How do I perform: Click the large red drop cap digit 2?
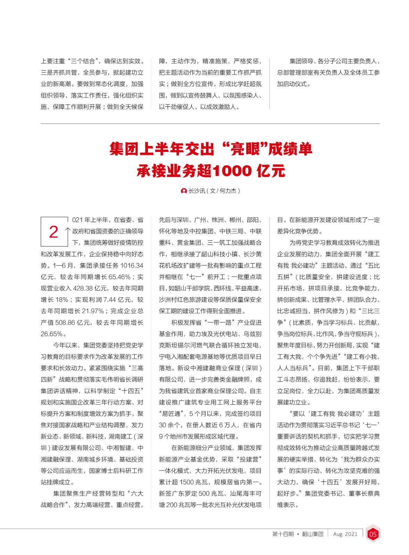click(53, 232)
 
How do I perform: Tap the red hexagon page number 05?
click(373, 534)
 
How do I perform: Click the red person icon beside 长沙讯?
click(184, 191)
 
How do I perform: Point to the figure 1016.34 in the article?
click(132, 266)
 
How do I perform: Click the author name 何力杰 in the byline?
click(228, 191)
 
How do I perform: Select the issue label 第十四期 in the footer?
click(283, 534)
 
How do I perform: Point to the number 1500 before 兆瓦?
click(187, 482)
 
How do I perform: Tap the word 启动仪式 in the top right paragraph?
click(295, 84)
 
